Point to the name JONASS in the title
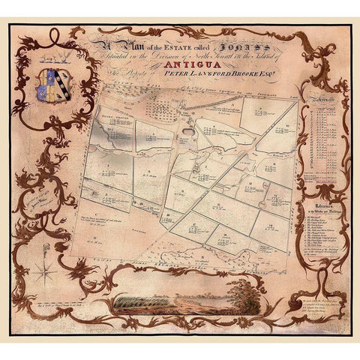(238, 43)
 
